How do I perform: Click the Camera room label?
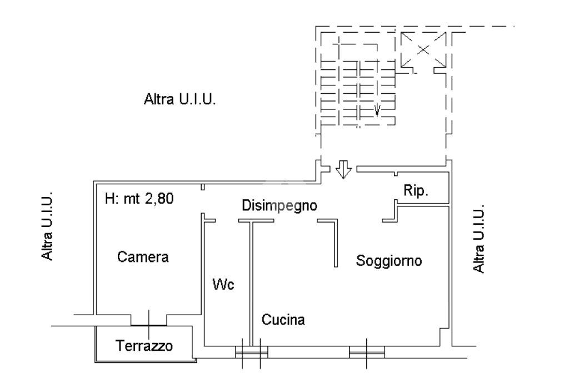[x=143, y=257]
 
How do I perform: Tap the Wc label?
[x=223, y=284]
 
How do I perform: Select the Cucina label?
[x=283, y=320]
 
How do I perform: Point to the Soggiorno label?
[x=388, y=261]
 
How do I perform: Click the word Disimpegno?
[x=279, y=205]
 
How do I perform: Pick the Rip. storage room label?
[x=416, y=190]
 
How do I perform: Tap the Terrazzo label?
[x=144, y=346]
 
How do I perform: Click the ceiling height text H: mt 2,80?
[x=139, y=199]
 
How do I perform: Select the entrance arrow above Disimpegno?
[x=343, y=170]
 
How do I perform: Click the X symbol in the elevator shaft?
[x=423, y=50]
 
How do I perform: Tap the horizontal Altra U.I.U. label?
[x=179, y=99]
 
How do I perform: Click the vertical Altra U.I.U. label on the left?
[x=47, y=226]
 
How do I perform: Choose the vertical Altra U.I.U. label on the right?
[x=478, y=239]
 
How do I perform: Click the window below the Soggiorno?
[x=367, y=352]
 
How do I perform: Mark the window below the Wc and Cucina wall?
[x=252, y=352]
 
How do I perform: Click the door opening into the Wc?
[x=227, y=220]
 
